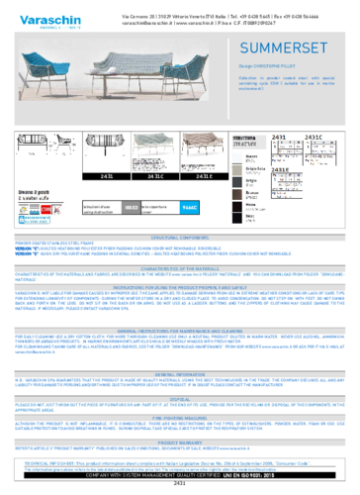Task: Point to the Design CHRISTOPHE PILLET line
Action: click(265, 66)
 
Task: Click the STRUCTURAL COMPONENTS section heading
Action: click(179, 238)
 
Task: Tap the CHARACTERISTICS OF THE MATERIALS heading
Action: click(179, 267)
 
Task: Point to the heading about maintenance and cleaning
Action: click(179, 329)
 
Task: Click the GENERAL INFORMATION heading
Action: click(179, 375)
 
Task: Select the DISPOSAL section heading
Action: click(179, 400)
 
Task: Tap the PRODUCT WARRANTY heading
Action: click(179, 443)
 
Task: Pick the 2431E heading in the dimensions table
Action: click(280, 169)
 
